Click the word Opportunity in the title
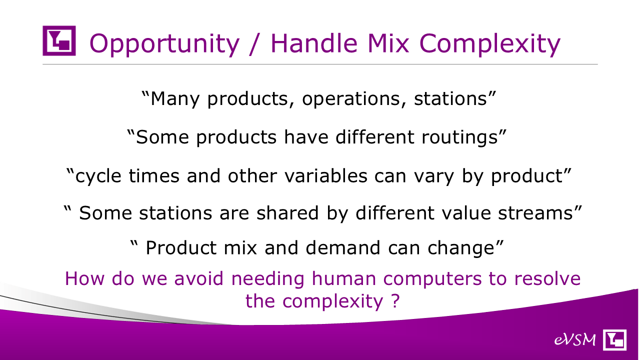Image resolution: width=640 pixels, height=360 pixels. coord(164,43)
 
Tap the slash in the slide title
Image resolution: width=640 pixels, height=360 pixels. coord(255,43)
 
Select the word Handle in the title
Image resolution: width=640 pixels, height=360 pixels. coord(314,43)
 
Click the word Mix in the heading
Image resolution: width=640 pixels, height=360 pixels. coord(388,43)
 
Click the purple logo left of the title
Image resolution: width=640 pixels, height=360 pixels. coord(59,40)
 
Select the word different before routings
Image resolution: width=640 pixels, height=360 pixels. coord(375,137)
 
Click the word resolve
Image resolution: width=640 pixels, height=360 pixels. coord(547,278)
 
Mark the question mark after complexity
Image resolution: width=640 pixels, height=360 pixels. coord(395,300)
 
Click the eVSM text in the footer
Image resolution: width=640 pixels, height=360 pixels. coord(575,340)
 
